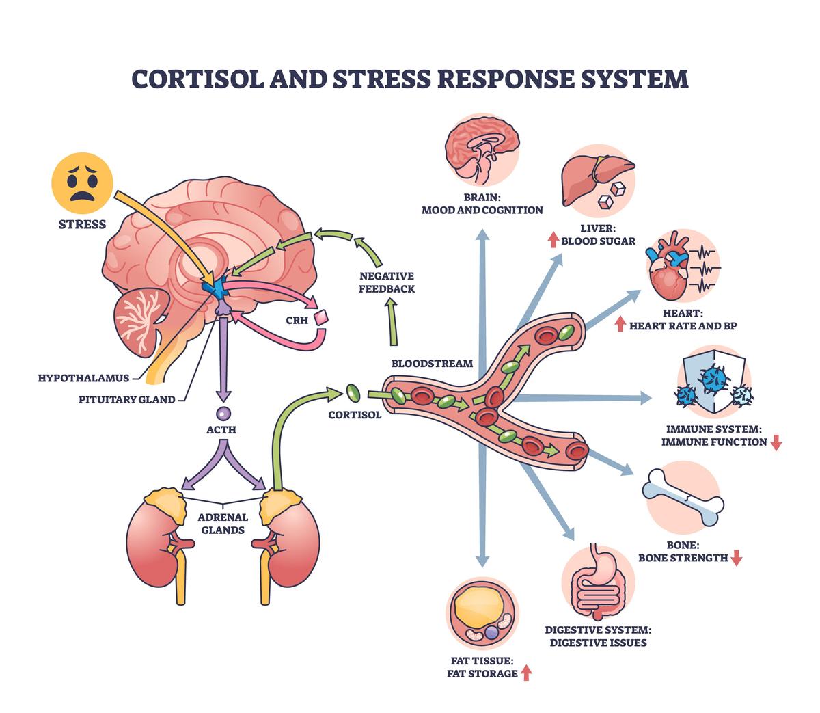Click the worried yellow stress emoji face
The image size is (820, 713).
82,182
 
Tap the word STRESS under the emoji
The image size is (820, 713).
82,224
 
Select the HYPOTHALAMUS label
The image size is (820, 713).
83,377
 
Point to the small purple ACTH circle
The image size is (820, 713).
222,413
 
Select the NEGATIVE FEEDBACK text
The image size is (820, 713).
387,282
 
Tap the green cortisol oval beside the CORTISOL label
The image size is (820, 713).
353,392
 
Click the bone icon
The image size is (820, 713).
681,496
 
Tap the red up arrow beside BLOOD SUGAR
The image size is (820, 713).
552,240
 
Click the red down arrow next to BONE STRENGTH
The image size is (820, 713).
736,558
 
